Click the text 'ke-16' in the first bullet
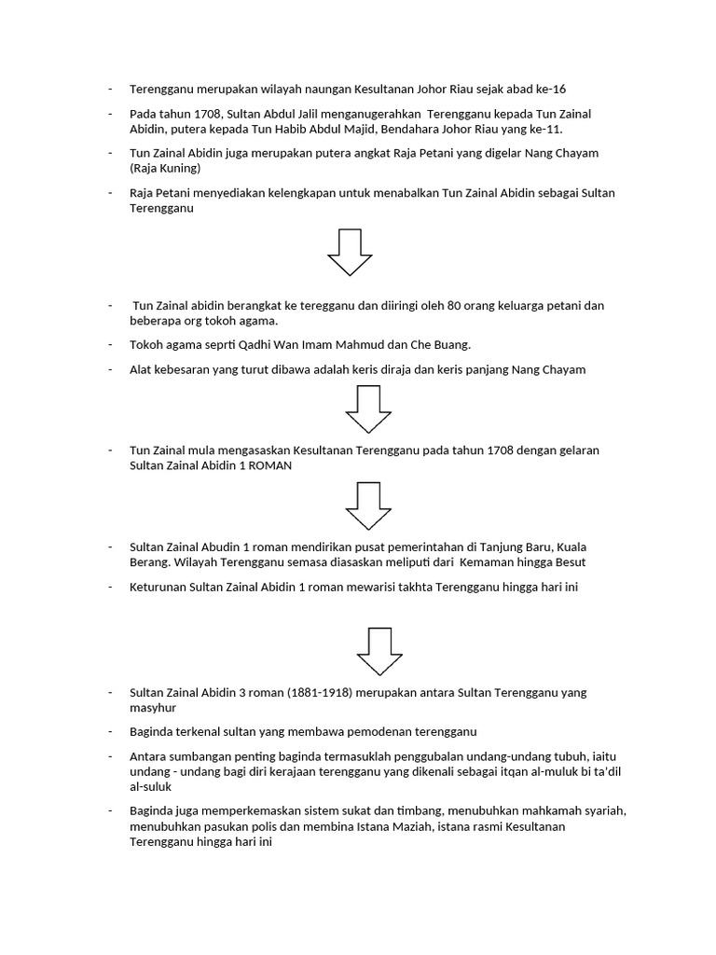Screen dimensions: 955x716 (x=549, y=90)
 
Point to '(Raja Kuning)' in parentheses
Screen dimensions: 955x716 (x=165, y=169)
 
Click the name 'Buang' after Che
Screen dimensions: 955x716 (x=450, y=345)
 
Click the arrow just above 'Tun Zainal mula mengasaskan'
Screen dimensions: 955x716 (x=368, y=408)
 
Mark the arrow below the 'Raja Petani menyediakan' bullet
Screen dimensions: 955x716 (x=350, y=251)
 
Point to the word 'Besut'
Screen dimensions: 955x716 (x=569, y=562)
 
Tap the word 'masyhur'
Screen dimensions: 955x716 (x=152, y=709)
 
